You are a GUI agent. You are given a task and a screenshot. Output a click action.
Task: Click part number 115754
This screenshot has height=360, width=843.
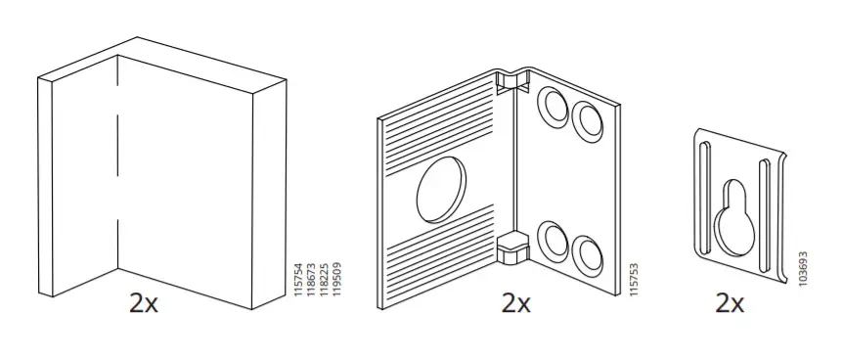point(299,278)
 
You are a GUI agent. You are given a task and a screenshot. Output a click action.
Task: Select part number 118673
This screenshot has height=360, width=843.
point(312,278)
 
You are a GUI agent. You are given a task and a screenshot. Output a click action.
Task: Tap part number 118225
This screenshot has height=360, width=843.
point(324,278)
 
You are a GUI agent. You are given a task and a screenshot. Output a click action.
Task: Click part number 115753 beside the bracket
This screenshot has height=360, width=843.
point(634,279)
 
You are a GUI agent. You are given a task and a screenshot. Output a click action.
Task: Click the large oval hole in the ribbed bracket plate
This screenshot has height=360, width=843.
point(441,189)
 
